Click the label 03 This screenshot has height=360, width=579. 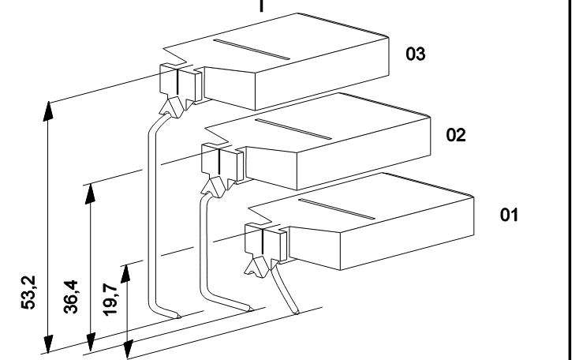[x=416, y=54]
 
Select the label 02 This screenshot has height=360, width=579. [x=456, y=135]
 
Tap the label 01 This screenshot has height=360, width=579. [x=510, y=215]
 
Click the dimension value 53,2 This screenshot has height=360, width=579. [x=28, y=292]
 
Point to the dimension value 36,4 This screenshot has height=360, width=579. [x=71, y=297]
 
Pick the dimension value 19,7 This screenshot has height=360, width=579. [x=110, y=300]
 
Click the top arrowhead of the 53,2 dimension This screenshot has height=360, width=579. [x=48, y=111]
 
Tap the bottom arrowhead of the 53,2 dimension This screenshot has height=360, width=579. [x=48, y=343]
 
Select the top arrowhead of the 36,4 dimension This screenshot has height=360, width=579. [x=91, y=193]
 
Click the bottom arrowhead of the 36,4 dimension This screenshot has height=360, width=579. [x=91, y=342]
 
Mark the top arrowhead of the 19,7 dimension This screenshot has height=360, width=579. [x=126, y=274]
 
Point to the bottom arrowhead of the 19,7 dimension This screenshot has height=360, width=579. [x=127, y=349]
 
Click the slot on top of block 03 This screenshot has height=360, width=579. [x=252, y=49]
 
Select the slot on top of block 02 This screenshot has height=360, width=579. [x=293, y=129]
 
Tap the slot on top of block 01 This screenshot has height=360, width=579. [x=337, y=209]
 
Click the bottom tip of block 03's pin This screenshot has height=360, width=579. [x=181, y=317]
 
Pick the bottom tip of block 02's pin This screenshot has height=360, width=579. [x=252, y=309]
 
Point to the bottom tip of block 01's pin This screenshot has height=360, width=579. [x=297, y=313]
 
